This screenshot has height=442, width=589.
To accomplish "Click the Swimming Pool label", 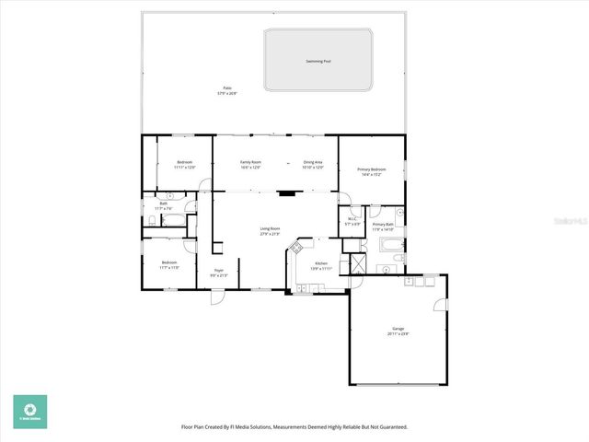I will point(318,62).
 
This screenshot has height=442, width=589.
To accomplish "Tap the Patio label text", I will point(226,91).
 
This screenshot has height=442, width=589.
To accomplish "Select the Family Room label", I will point(251,164).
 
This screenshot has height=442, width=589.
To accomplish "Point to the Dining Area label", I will point(313,164).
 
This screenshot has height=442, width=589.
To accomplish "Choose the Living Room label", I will point(270,230).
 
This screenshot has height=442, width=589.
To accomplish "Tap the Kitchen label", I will point(321,265).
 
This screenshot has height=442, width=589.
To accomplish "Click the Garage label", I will point(398,331).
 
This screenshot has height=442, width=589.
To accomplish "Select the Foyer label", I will point(219,273).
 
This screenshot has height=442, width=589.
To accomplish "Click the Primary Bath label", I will point(383,227).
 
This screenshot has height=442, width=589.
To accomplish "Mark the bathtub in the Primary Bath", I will point(390,244).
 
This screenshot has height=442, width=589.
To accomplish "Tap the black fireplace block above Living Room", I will point(288,194).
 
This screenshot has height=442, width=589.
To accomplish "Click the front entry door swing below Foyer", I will point(217,297).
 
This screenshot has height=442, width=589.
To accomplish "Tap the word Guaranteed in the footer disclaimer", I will point(390,426).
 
